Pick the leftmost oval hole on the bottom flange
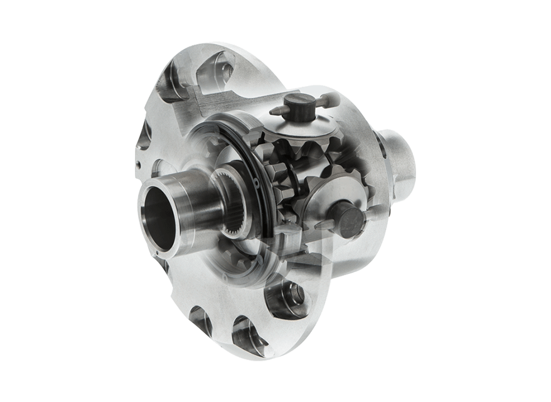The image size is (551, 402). [x=200, y=317]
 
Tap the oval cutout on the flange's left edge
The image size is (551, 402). [x=146, y=135]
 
